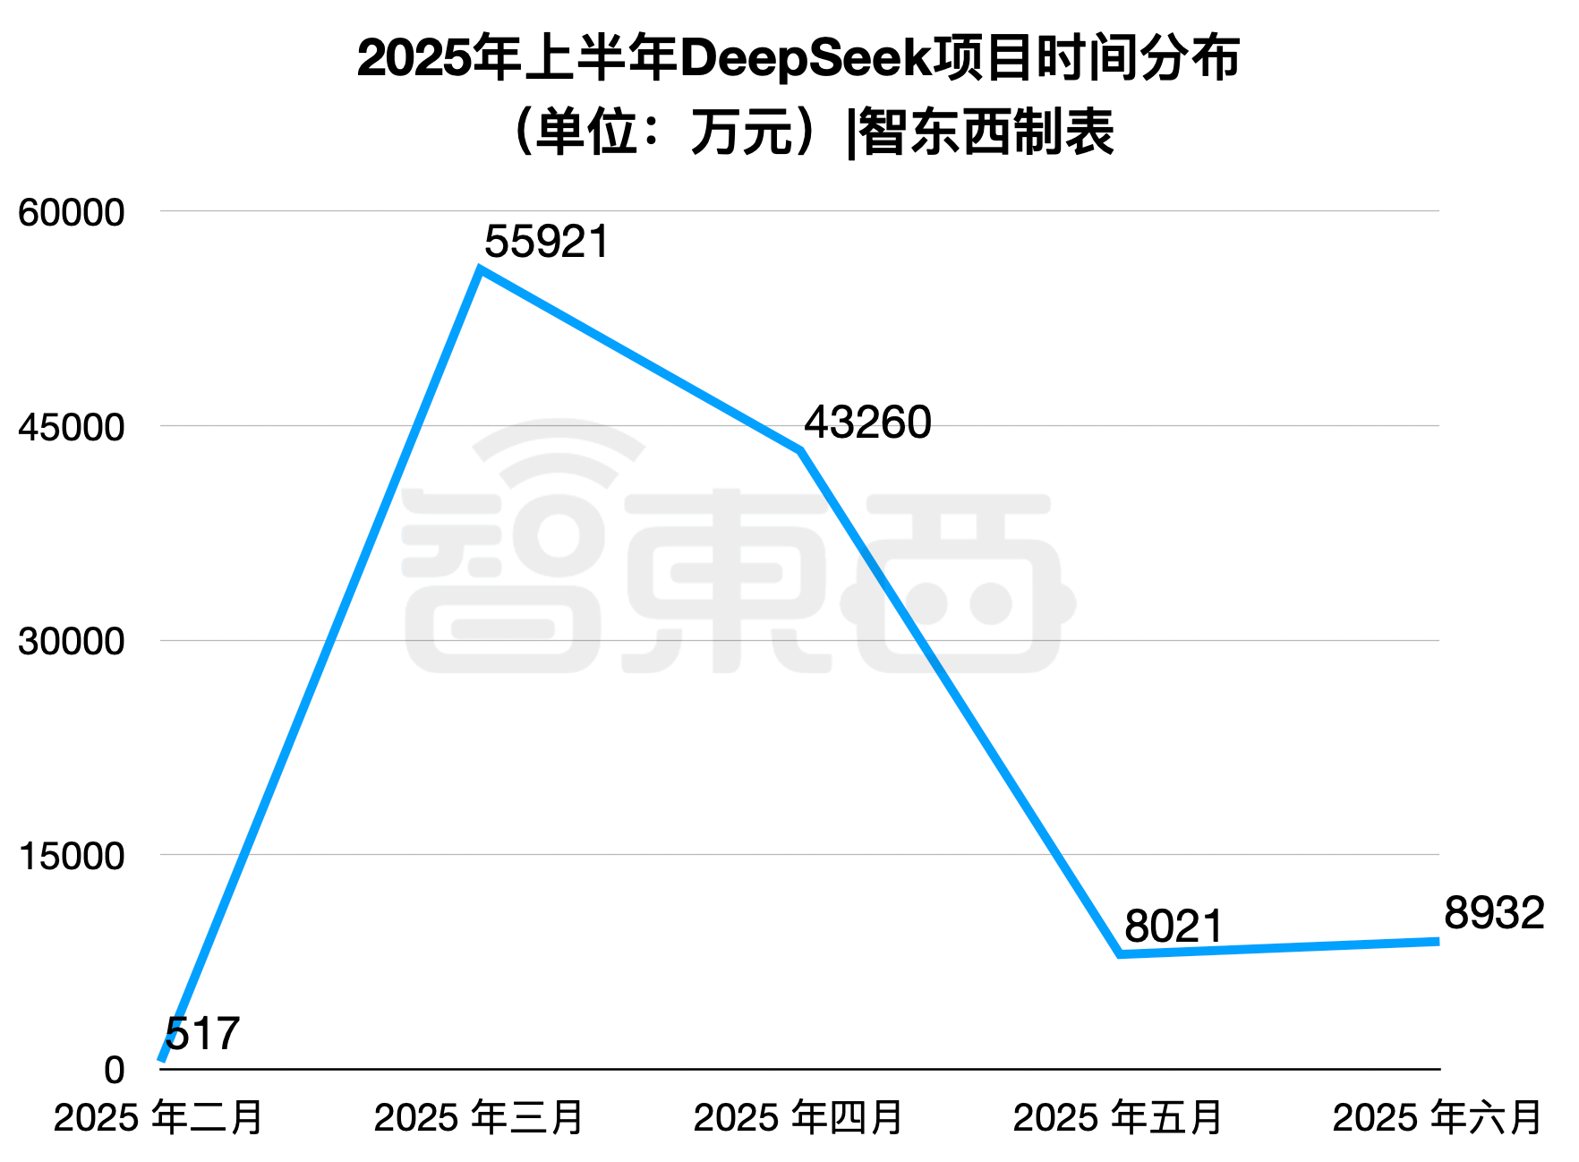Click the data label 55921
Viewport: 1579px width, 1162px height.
point(546,242)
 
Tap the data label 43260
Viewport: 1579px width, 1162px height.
point(866,423)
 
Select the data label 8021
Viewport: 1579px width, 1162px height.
point(1173,926)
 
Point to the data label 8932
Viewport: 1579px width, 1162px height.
point(1493,913)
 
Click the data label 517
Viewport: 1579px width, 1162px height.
point(202,1034)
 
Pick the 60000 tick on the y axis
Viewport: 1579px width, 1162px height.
point(71,213)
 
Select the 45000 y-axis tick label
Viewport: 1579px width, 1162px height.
point(71,427)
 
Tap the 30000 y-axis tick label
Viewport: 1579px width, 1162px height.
point(71,642)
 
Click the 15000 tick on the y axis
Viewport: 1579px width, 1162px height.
point(71,857)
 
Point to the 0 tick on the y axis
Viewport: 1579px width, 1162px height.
point(114,1071)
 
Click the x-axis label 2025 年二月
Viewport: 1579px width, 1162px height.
point(158,1118)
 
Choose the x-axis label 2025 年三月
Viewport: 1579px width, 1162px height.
point(479,1118)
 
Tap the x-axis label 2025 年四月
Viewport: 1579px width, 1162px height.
point(798,1118)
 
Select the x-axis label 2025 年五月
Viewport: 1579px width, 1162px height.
point(1118,1118)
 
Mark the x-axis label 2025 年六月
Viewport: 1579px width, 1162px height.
point(1438,1118)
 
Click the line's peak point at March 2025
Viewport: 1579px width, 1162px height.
point(481,269)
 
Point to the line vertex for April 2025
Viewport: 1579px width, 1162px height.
point(800,450)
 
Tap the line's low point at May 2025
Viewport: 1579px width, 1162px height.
point(1120,954)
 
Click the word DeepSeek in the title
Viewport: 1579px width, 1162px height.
point(806,59)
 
